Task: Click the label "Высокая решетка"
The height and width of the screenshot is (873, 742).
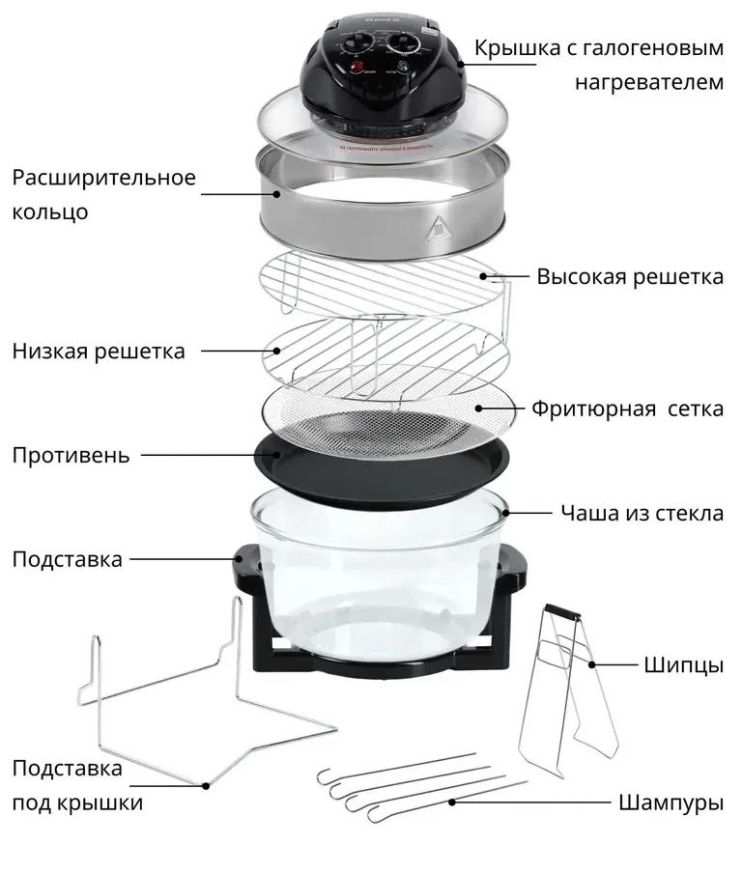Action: point(630,277)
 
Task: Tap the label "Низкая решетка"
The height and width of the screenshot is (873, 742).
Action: point(99,352)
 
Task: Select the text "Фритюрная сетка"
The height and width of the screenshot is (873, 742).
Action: point(627,408)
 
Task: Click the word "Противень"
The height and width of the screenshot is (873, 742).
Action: point(71,456)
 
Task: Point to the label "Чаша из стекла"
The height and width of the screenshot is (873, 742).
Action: point(642,513)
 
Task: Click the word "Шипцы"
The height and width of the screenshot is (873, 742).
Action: point(683,665)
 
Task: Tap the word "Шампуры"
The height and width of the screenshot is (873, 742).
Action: point(671,803)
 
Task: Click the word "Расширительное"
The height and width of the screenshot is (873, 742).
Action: point(104,178)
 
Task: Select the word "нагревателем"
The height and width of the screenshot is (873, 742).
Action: point(649,82)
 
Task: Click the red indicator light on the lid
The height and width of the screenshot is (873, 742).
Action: point(356,68)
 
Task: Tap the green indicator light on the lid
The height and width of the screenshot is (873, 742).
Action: point(404,67)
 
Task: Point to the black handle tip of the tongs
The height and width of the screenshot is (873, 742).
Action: point(562,611)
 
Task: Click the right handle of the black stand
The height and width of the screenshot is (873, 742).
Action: point(511,563)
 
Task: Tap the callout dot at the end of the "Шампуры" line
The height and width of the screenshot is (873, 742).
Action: point(452,803)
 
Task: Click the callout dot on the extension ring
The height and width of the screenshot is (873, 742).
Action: point(276,194)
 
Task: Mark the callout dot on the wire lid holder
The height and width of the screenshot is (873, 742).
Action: point(206,786)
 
